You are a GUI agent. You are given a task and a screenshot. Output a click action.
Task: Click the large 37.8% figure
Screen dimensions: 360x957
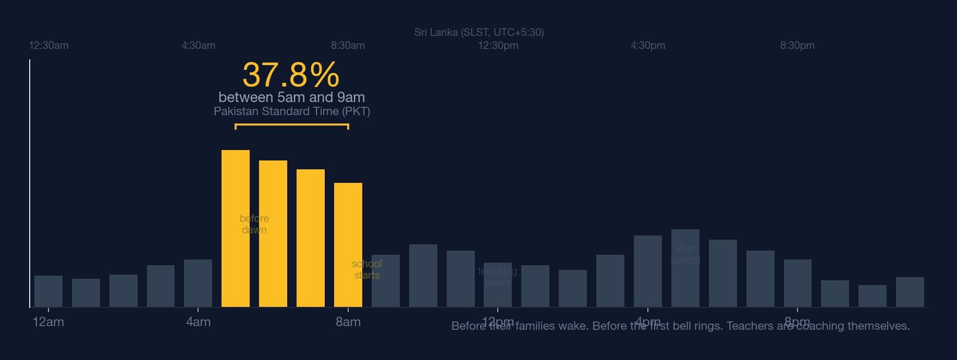[x=291, y=75]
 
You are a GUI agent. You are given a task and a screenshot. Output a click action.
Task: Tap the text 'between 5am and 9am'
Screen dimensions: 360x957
[x=291, y=97]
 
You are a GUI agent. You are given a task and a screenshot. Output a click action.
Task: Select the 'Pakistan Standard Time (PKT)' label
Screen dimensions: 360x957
[x=291, y=111]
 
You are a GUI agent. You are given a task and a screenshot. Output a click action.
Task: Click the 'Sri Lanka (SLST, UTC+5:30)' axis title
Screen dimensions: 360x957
[x=479, y=32]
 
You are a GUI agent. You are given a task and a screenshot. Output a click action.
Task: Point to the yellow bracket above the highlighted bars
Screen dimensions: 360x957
[x=291, y=125]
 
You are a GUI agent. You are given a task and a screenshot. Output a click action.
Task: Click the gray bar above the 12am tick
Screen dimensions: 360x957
[x=48, y=291]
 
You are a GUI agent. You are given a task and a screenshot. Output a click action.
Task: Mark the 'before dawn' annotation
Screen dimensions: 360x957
[x=254, y=224]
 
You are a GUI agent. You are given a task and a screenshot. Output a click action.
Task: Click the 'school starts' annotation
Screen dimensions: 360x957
[x=367, y=269]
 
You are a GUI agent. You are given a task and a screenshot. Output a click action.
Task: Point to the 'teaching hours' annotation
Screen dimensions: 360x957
[x=497, y=277]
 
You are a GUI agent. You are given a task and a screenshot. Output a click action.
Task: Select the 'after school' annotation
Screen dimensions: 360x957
[x=685, y=254]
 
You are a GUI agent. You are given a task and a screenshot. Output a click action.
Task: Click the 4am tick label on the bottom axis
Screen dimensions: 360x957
[x=198, y=322]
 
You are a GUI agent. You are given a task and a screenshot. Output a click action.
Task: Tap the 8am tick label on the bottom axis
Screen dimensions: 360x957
[x=348, y=322]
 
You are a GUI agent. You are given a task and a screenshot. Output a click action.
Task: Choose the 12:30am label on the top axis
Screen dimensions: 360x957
[x=48, y=45]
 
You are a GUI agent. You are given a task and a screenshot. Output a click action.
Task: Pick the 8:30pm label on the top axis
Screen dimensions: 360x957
[x=797, y=45]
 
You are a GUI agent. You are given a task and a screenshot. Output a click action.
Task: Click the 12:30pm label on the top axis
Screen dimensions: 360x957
[x=498, y=45]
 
